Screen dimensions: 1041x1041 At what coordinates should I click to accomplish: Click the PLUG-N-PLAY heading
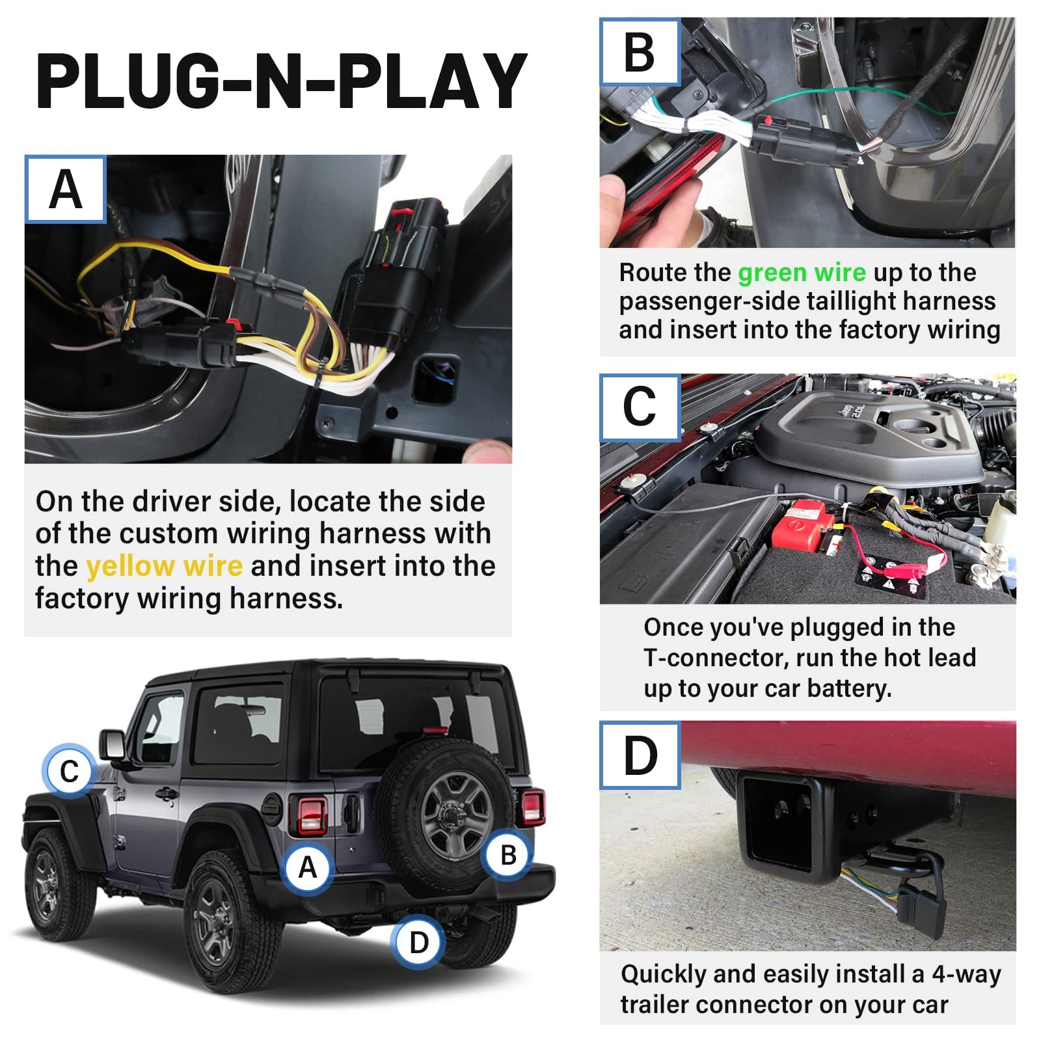point(281,81)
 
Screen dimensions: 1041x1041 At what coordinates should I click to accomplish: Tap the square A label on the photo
point(66,189)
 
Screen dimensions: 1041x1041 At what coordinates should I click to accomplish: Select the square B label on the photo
point(640,52)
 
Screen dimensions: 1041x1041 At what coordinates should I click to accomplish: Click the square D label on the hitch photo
point(640,755)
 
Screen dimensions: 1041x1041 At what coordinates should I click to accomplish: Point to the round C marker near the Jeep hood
point(69,771)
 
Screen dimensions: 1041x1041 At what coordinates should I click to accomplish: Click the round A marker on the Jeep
point(307,867)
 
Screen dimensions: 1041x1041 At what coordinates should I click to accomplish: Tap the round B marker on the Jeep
point(508,854)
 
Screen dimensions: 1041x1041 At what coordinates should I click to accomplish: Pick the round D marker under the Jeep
point(418,942)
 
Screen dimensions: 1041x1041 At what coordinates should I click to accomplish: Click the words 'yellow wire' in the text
point(165,566)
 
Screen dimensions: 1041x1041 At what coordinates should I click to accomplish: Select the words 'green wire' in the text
point(802,272)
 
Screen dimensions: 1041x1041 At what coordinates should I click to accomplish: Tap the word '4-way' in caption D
point(966,974)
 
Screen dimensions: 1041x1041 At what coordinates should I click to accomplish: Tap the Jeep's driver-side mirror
point(113,745)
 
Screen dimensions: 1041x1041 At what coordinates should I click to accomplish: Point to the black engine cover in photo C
point(872,442)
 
